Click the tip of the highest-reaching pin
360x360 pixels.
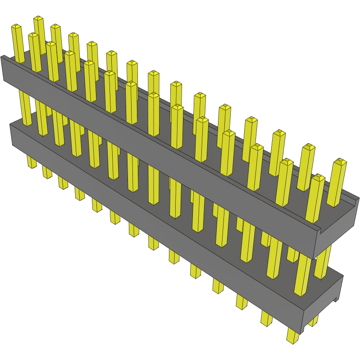[x=38, y=19]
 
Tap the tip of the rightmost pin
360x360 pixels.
[x=340, y=161]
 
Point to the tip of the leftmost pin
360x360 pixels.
[x=16, y=27]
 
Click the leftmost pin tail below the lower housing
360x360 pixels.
[x=32, y=162]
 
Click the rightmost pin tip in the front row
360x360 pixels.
[x=318, y=178]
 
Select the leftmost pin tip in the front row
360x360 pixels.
[x=33, y=36]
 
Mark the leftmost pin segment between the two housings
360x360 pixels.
[x=25, y=108]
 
